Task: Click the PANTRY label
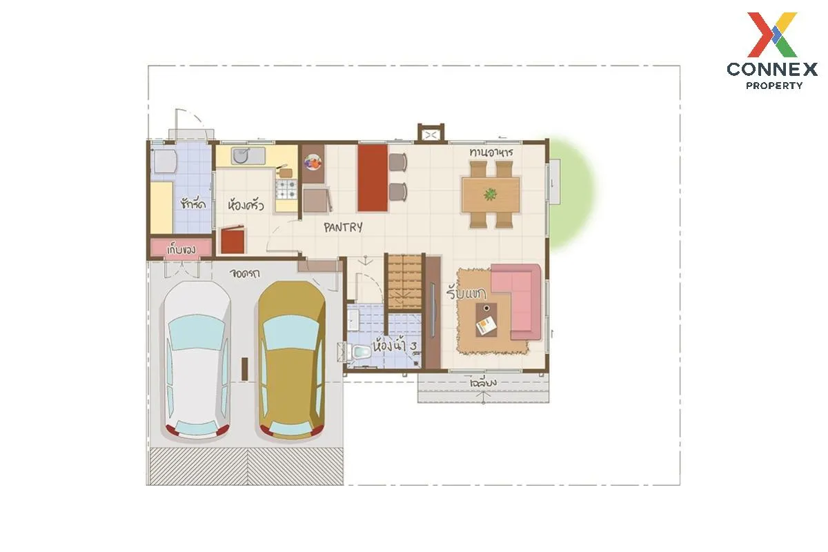click(343, 228)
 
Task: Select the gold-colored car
click(292, 361)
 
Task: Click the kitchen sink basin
click(241, 155)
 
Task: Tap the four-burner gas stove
click(286, 189)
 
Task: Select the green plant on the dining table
click(490, 194)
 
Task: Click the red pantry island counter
click(372, 178)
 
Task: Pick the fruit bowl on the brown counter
click(313, 162)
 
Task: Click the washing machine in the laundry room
click(164, 161)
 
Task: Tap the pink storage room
click(181, 248)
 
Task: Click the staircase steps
click(404, 282)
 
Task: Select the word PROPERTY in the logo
click(774, 86)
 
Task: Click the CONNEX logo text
click(772, 69)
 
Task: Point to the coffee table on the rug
click(486, 320)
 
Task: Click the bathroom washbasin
click(353, 320)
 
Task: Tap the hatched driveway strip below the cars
click(246, 466)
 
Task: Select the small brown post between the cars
click(244, 369)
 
